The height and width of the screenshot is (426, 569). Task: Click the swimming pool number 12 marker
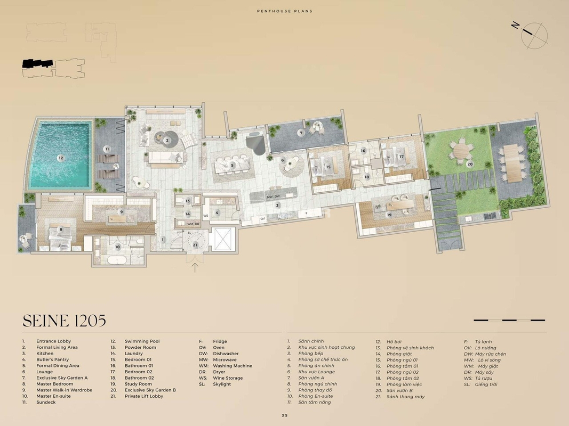[61, 158]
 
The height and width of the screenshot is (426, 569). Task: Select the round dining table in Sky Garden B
[461, 151]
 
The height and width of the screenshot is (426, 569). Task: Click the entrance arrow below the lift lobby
[195, 267]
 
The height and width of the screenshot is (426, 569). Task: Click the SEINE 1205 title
[64, 321]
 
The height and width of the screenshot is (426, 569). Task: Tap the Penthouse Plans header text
[285, 11]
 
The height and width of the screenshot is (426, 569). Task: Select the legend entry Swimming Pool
[142, 341]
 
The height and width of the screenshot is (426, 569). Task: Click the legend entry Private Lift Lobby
[143, 396]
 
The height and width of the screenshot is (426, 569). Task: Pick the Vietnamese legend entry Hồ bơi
[394, 341]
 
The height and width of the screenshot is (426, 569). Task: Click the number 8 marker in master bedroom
[61, 230]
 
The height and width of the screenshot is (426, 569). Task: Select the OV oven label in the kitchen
[263, 219]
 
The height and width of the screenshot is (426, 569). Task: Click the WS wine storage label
[206, 216]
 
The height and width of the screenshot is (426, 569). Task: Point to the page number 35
[285, 415]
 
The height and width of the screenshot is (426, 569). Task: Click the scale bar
[509, 320]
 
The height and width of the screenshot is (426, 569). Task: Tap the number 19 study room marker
[389, 215]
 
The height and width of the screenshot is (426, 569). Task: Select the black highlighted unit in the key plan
[38, 63]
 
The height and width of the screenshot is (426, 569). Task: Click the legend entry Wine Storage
[228, 378]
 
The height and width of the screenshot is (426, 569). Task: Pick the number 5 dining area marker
[233, 166]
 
